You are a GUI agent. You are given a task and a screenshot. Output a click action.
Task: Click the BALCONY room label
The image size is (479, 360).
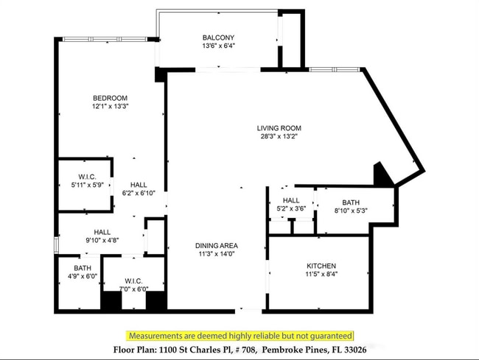(x=218, y=38)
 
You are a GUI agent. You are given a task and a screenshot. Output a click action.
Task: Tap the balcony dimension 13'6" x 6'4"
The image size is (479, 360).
(x=218, y=46)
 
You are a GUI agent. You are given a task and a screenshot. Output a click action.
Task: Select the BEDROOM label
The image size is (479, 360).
(x=110, y=98)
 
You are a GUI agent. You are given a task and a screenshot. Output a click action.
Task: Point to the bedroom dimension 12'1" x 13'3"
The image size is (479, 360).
(x=110, y=106)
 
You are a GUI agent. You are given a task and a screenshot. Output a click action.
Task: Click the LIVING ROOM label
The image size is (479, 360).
(x=279, y=128)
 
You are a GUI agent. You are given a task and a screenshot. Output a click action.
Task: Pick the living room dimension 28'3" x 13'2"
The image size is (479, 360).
(x=279, y=136)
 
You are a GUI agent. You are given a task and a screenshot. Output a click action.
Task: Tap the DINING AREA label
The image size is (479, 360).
(x=217, y=246)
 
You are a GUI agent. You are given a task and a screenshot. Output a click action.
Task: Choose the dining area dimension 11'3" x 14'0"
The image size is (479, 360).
(x=217, y=254)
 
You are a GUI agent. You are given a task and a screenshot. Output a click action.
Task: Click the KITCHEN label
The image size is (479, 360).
(x=321, y=266)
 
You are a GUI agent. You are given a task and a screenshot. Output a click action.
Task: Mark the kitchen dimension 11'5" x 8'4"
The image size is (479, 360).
(x=321, y=274)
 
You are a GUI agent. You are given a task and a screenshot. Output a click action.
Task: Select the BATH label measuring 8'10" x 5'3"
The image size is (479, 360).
(x=350, y=202)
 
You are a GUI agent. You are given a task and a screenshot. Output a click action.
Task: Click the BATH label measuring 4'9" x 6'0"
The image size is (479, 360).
(x=82, y=268)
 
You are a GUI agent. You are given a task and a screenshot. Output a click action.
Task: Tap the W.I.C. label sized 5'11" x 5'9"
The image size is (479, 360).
(x=88, y=177)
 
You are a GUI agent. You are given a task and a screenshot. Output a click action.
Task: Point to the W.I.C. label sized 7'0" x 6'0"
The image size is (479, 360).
(x=133, y=281)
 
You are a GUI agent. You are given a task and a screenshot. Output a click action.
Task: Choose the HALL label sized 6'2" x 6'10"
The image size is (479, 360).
(x=139, y=185)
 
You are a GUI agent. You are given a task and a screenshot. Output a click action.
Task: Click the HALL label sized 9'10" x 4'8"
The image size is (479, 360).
(x=102, y=232)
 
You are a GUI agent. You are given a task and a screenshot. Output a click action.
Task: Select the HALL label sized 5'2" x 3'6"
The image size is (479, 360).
(x=291, y=200)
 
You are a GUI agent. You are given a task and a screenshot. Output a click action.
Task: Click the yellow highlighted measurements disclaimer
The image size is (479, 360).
(x=239, y=335)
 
